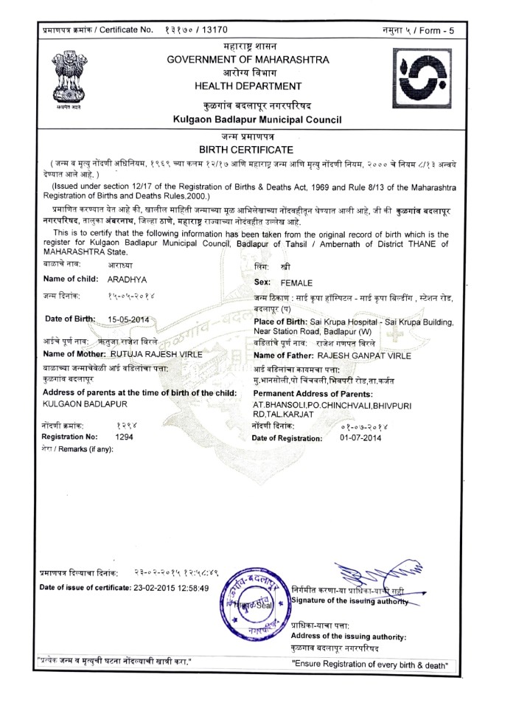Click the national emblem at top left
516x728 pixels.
tap(72, 76)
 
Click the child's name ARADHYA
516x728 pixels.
tap(128, 280)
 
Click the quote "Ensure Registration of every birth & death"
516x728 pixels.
tap(370, 665)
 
